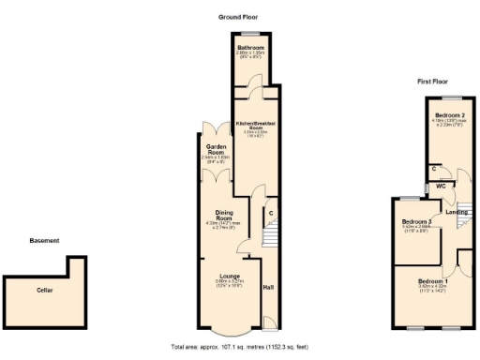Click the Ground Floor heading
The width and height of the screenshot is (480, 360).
[238, 17]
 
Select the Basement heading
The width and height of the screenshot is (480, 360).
[44, 241]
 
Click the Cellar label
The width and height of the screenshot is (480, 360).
[45, 290]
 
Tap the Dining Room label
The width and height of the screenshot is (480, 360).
[223, 215]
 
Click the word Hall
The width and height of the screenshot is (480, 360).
[268, 287]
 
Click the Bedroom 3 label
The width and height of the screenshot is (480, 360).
[416, 221]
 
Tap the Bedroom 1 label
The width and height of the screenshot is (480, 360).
[433, 282]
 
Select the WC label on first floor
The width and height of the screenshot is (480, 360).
[436, 186]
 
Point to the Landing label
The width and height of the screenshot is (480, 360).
[457, 212]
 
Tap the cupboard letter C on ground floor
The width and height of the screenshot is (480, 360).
[271, 213]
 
